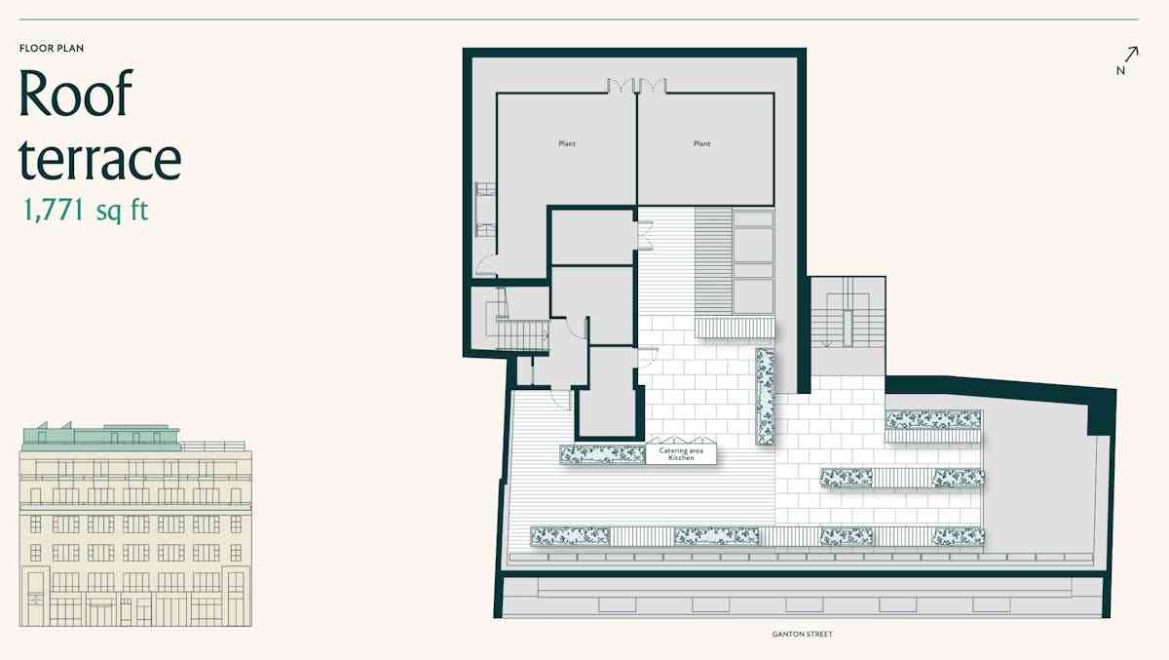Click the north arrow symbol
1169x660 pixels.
point(1131,55)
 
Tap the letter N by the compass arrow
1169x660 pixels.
point(1120,71)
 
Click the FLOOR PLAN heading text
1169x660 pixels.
point(52,48)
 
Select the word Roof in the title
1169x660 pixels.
point(76,93)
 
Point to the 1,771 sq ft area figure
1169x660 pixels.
point(86,211)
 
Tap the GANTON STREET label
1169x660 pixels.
point(802,635)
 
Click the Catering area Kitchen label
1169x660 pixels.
point(681,454)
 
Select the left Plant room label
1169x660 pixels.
point(567,143)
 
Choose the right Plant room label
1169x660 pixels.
point(702,143)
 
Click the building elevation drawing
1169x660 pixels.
point(135,524)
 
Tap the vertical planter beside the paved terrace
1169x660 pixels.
point(765,397)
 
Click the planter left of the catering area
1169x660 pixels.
point(603,454)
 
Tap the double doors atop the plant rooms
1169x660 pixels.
point(637,86)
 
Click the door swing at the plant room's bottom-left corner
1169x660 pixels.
point(485,265)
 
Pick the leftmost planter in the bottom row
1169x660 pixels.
point(570,536)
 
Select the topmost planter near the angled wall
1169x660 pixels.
point(933,420)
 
